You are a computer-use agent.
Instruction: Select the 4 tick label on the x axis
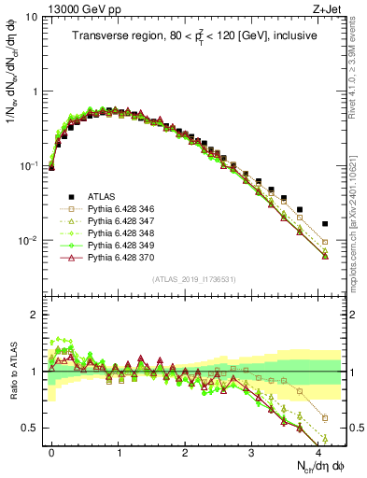coord(318,451)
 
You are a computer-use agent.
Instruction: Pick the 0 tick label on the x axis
coord(51,451)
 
